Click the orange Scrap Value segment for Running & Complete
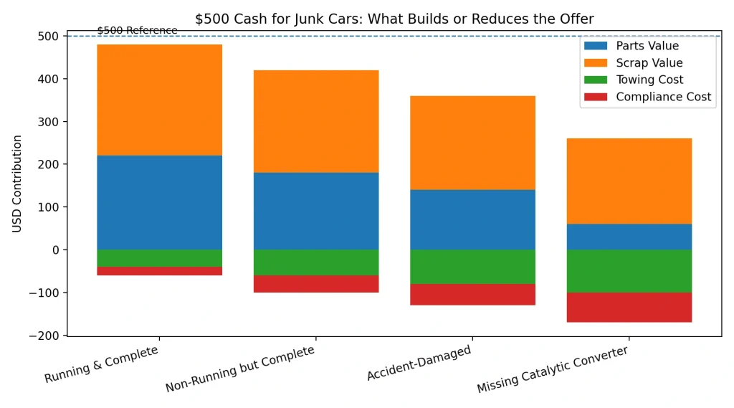159,100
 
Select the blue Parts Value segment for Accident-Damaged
472,219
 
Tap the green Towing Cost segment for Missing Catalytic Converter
629,271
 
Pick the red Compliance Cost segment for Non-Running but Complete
316,284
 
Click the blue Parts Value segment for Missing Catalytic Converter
629,237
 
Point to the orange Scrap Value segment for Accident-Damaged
472,143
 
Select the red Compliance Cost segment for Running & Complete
159,271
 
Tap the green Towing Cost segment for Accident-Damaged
472,267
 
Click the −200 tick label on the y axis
44,336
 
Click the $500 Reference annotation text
137,30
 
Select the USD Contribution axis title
17,184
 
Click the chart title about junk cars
394,19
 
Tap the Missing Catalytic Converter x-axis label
553,369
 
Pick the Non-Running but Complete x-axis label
241,369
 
